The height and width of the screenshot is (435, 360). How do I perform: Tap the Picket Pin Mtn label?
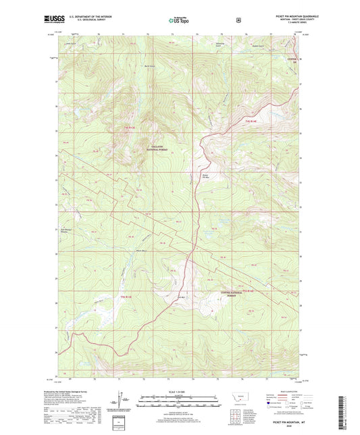coord(205,177)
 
